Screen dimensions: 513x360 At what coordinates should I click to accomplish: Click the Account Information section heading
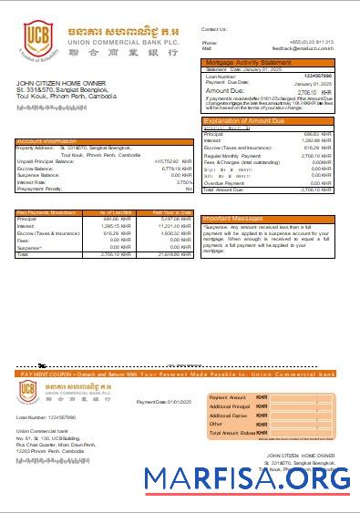point(47,141)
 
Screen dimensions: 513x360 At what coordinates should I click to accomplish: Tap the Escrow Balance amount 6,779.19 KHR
point(170,169)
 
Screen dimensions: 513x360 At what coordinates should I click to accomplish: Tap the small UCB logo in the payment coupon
point(31,392)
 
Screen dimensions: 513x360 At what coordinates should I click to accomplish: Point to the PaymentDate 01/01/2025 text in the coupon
point(163,402)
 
